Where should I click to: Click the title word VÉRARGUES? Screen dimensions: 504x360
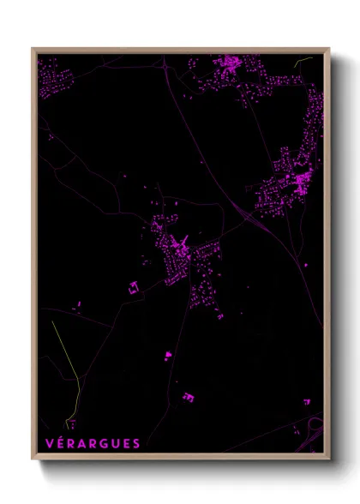click(92, 443)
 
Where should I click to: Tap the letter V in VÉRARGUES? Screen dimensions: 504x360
click(49, 443)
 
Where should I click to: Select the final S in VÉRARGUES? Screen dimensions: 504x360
click(136, 443)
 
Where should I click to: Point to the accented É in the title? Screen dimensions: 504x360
click(60, 442)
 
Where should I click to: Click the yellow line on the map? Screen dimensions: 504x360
click(67, 360)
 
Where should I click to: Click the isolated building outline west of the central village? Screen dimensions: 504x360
click(133, 288)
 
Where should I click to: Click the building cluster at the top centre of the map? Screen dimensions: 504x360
click(230, 65)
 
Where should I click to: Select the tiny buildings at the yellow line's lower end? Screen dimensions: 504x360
click(73, 422)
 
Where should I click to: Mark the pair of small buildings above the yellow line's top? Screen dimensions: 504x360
click(79, 303)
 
